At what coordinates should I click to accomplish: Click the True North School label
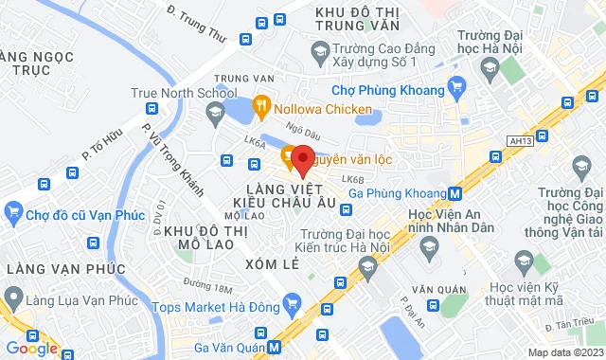point(184,93)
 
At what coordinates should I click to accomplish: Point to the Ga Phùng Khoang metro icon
point(455,193)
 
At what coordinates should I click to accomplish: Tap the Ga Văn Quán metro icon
point(275,347)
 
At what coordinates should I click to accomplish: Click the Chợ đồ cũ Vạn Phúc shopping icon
point(15,209)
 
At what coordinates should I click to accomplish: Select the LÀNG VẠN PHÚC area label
point(65,270)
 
